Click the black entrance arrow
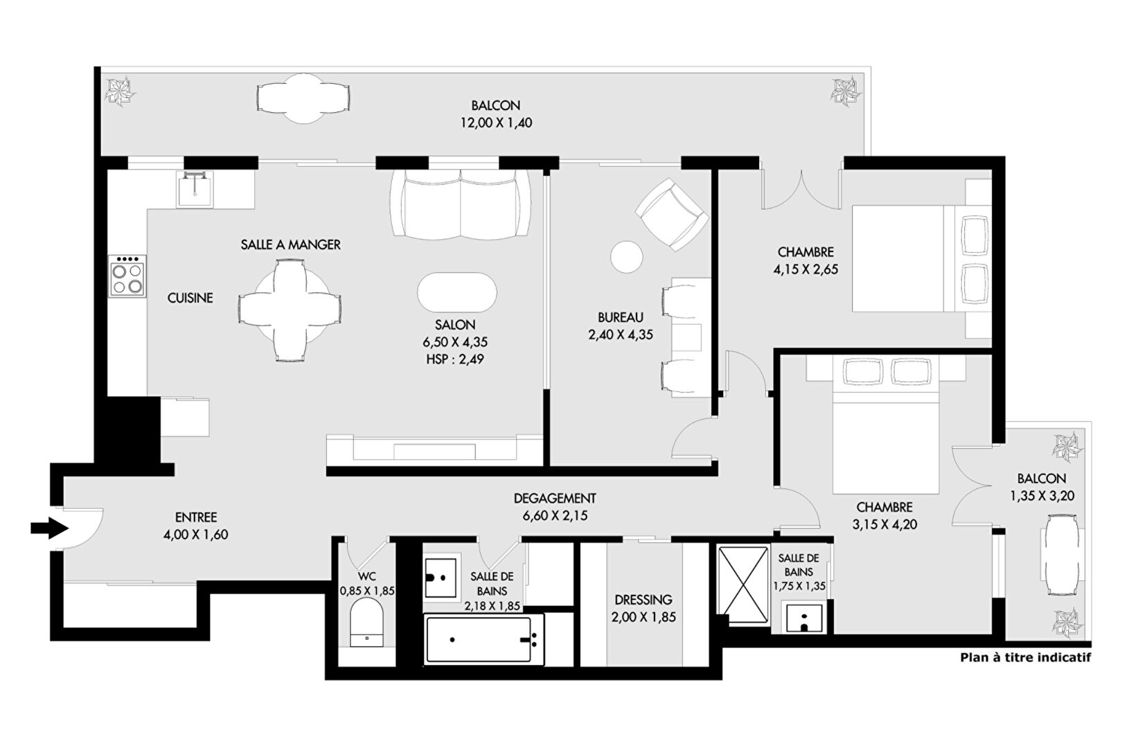pos(50,528)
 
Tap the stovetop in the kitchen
pos(127,276)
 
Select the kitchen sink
pos(195,189)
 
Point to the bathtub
pos(479,639)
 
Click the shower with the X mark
pos(743,584)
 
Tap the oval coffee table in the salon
pos(457,292)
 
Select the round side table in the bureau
pos(627,256)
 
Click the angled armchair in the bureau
pos(673,215)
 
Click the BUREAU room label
pos(621,317)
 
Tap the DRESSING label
pos(643,600)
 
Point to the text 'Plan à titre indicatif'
pos(1025,658)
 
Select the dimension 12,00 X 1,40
pos(497,123)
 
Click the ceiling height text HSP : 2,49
pos(455,359)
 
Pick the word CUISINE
pos(190,298)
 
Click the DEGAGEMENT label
pos(555,499)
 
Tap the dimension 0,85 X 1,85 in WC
pos(367,591)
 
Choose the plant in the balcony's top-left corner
pos(121,91)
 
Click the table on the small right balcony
pos(1061,555)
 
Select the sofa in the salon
pos(461,204)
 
